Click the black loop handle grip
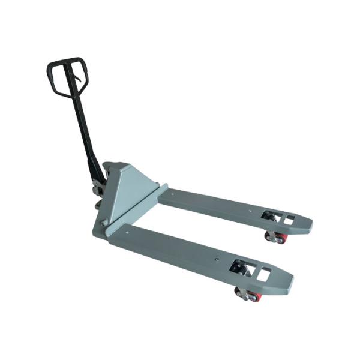[67, 62]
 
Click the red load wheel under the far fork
[280, 239]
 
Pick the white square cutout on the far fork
[288, 220]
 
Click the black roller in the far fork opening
[268, 215]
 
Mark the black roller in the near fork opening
[241, 268]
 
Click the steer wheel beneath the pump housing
[98, 204]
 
